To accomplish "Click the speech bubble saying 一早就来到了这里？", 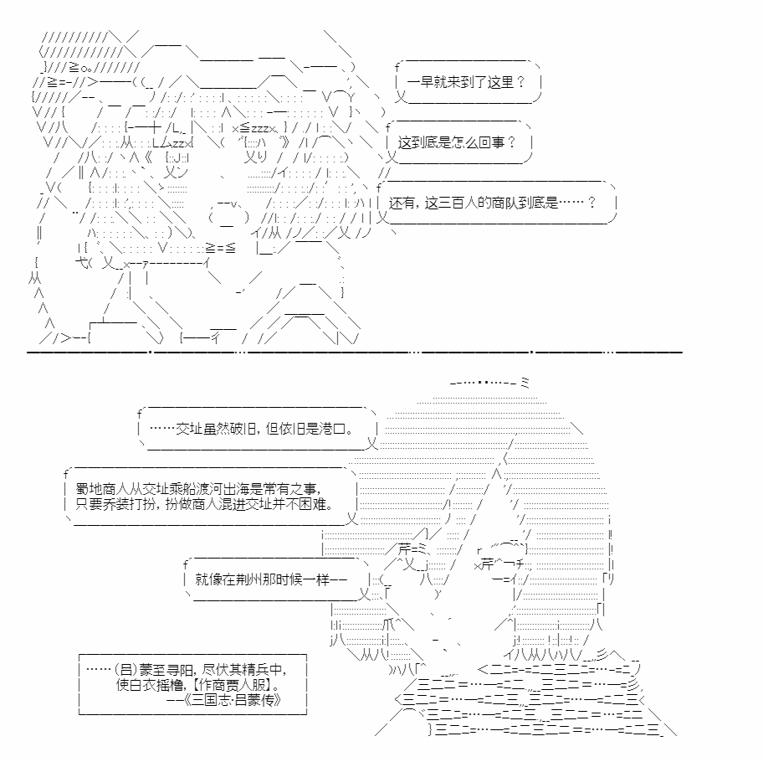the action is pos(469,82).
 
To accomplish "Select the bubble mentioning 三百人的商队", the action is pos(496,203).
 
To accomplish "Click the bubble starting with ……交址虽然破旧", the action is pos(258,429).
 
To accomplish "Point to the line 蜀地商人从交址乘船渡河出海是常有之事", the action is pos(198,489).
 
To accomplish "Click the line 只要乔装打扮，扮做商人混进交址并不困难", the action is pos(204,504).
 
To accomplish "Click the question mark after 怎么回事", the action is pos(511,142).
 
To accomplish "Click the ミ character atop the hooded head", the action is pos(525,382).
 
